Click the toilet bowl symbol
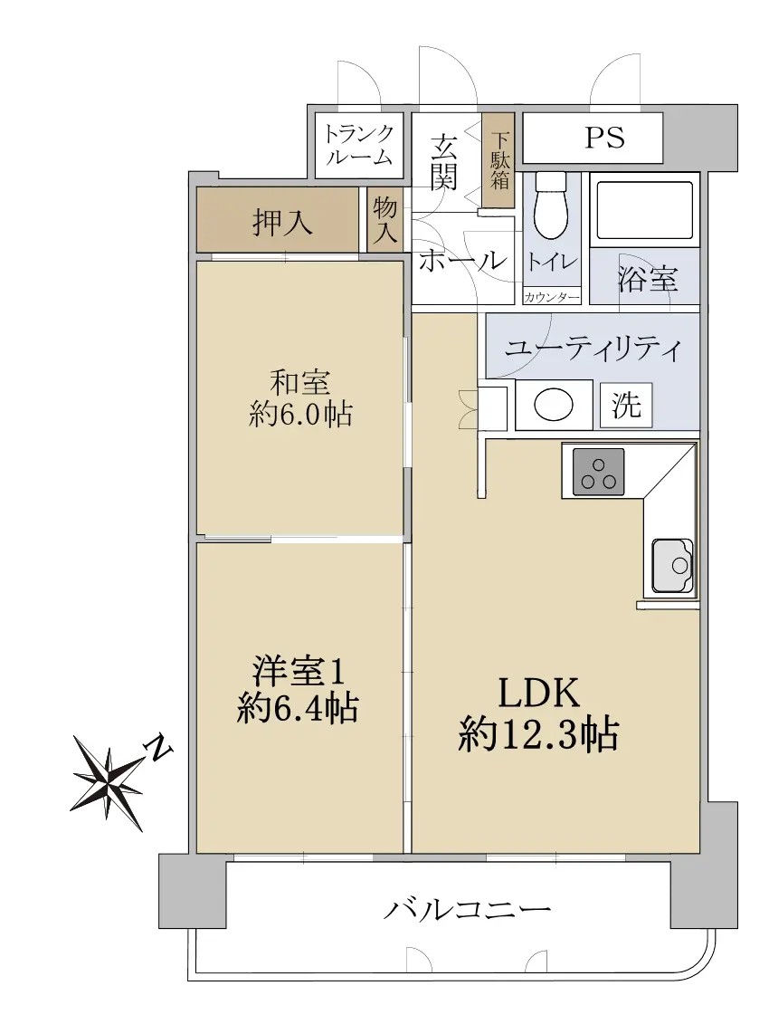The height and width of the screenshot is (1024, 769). click(552, 207)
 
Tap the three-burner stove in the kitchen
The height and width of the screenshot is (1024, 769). click(598, 472)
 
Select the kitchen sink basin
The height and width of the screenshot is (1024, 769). click(672, 565)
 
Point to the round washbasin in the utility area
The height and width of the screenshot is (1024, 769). click(554, 406)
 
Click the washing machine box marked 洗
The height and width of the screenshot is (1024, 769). click(626, 406)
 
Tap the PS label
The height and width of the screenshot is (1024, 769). click(603, 138)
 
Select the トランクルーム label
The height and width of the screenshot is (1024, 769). click(359, 144)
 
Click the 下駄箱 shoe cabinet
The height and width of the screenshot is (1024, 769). click(499, 160)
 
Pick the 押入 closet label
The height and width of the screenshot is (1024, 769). click(282, 222)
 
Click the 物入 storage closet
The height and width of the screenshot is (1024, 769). click(384, 220)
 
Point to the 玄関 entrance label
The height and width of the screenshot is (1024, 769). click(444, 161)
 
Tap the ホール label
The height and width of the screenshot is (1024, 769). click(462, 261)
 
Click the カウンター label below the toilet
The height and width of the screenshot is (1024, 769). click(552, 298)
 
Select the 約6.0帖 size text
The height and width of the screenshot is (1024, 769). click(300, 414)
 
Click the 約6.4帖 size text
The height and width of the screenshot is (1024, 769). click(298, 707)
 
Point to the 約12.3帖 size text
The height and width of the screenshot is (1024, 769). click(538, 734)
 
